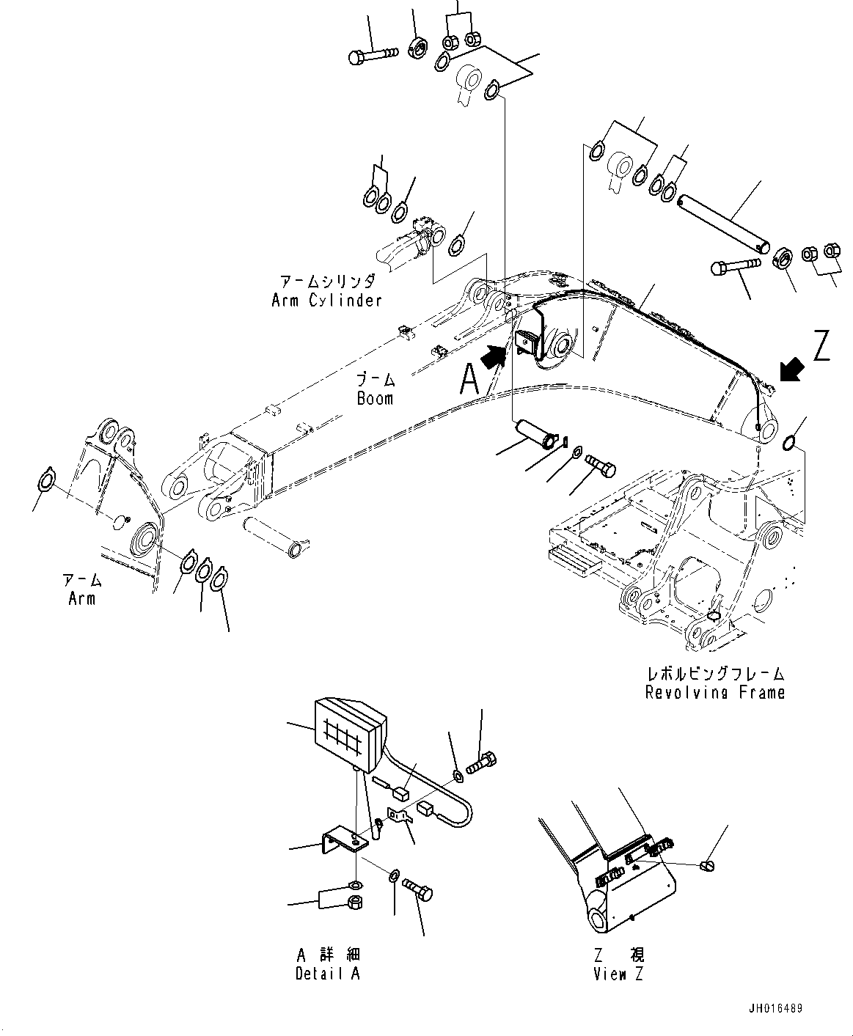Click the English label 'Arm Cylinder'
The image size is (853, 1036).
coord(326,300)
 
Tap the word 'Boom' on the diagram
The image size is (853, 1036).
coord(375,398)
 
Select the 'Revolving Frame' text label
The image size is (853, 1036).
coord(714,692)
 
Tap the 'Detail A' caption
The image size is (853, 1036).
coord(328,974)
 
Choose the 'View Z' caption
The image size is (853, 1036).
coord(620,974)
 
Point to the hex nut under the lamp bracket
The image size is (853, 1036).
coord(354,900)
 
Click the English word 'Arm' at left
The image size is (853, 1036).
coord(81,598)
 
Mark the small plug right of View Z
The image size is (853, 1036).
coord(707,867)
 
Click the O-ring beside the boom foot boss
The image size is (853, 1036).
coord(790,442)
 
